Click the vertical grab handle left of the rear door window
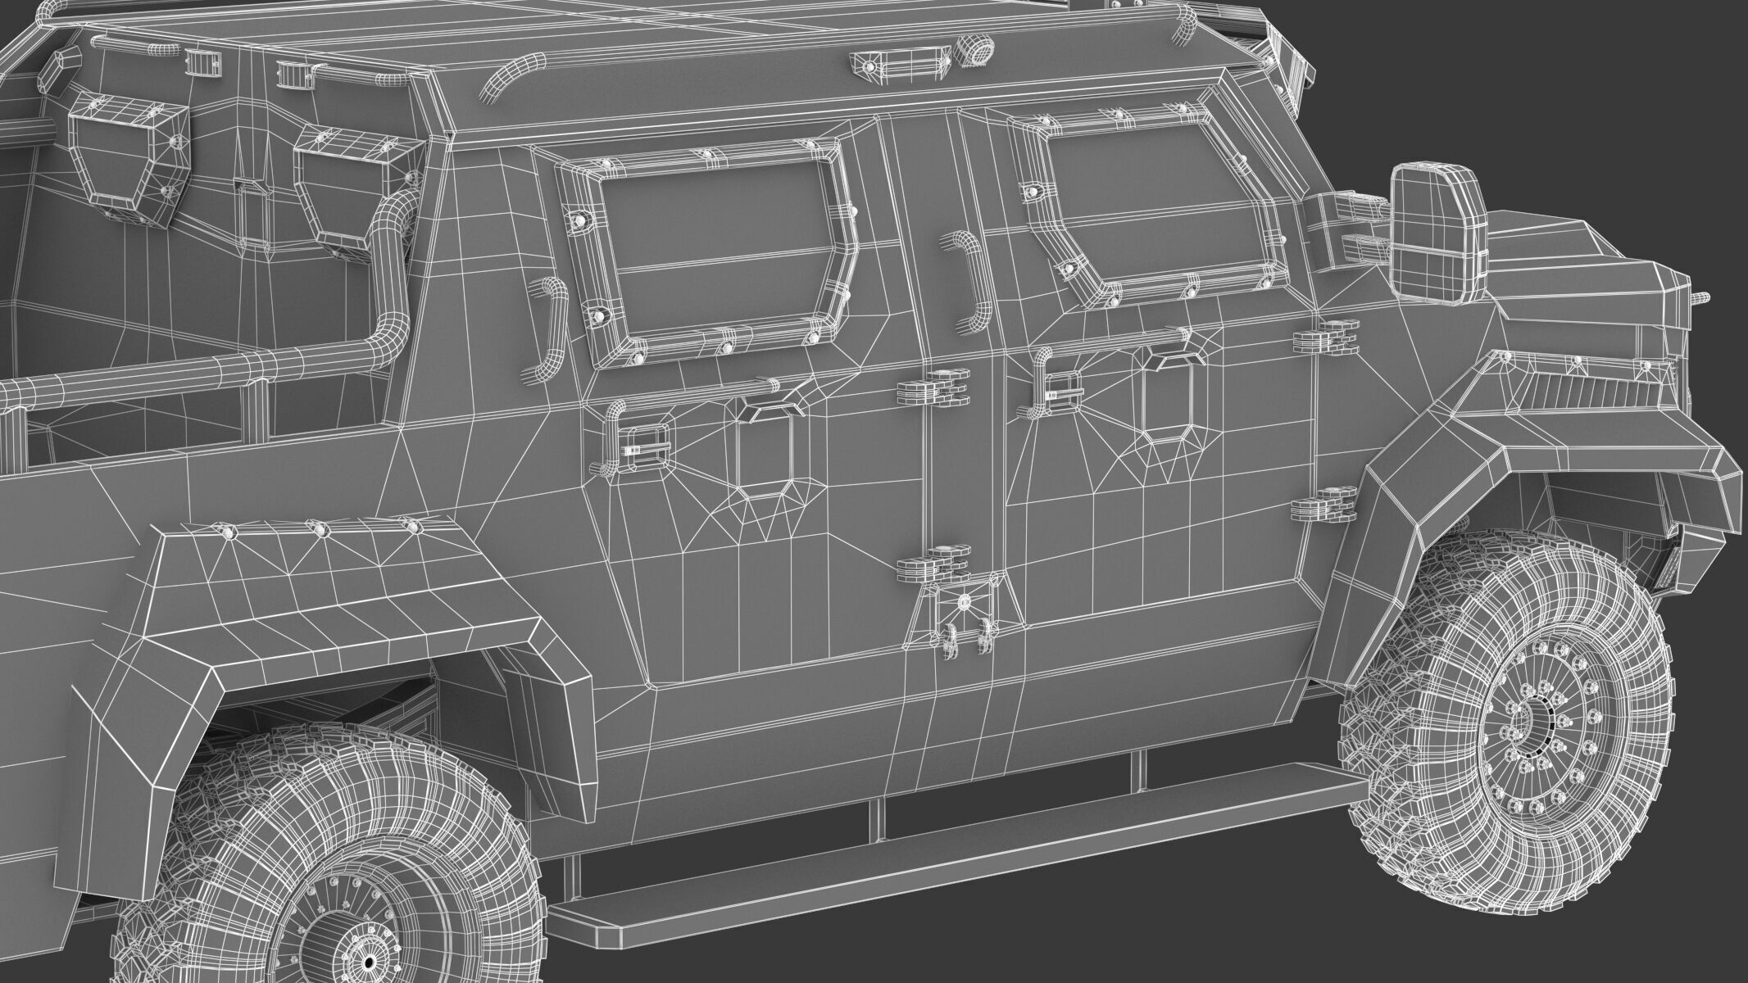click(x=546, y=328)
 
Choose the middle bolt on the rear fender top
click(x=321, y=529)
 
